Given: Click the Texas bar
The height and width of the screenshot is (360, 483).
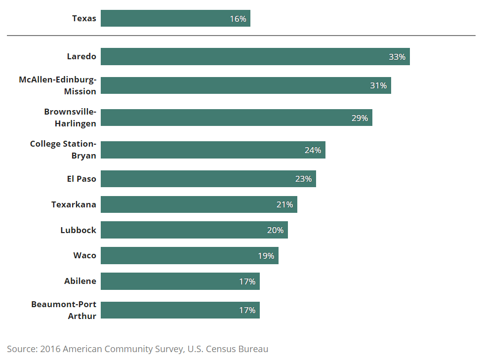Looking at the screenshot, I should point(175,18).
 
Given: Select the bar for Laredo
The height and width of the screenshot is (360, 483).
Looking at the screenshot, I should point(255,56).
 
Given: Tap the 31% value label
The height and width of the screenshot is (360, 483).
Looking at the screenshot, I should point(378,85).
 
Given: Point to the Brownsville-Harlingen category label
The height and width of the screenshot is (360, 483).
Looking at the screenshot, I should point(70,118).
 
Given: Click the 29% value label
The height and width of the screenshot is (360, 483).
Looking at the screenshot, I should point(360,118).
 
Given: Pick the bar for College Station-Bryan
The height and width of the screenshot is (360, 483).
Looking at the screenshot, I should point(213,150).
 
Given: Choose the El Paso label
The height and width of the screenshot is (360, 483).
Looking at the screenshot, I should point(81,179).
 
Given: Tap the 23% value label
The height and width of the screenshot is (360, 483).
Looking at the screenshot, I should point(303,179).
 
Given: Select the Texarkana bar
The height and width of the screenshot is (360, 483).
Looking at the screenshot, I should point(199,204).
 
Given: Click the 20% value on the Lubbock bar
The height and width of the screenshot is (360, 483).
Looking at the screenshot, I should point(275,230).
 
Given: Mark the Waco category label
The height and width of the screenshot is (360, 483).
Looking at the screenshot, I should point(84,255).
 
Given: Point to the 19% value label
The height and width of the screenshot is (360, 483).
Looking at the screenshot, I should point(266,256).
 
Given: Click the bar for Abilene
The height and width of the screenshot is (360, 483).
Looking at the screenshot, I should point(180,281).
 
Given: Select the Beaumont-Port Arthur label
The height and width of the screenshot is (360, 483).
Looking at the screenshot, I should point(64,310).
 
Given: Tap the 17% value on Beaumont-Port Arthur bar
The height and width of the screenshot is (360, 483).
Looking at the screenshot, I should point(247,310).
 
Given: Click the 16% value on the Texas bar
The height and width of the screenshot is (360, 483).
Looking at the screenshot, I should point(238,19).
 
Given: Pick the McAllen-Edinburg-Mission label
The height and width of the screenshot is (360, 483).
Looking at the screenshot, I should point(57,85).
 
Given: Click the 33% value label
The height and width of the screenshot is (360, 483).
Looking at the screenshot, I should point(397,57).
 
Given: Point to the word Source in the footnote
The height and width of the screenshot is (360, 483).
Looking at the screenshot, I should point(21,349).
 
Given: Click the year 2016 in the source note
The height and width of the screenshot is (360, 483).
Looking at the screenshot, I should point(50,349).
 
